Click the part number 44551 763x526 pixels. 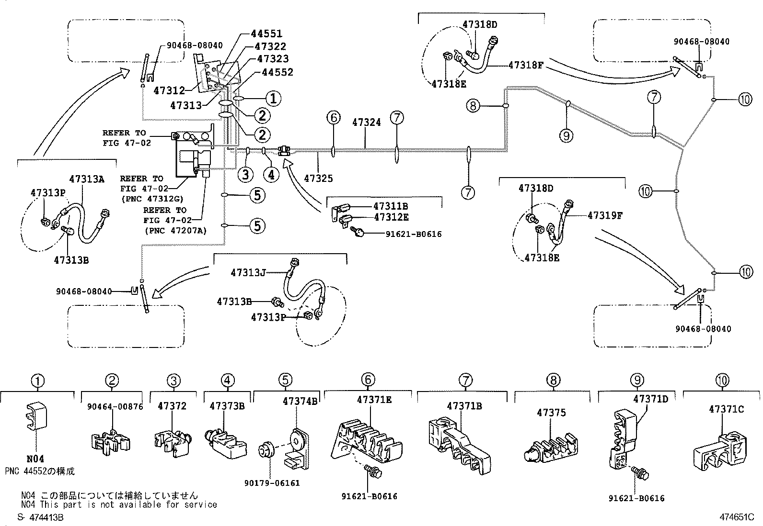pos(266,34)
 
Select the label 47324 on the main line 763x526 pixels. pos(366,123)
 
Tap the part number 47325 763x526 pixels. pos(318,179)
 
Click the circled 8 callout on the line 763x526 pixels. pos(473,105)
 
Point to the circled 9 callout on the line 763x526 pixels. pos(566,136)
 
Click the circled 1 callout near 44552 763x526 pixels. pos(273,99)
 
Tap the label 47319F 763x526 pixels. pos(605,215)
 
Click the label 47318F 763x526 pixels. pos(525,65)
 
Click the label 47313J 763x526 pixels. pos(248,273)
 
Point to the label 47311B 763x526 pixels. pos(391,206)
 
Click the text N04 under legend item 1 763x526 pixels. pos(36,459)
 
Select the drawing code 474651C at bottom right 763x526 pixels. pos(736,517)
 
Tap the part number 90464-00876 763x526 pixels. pos(115,406)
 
